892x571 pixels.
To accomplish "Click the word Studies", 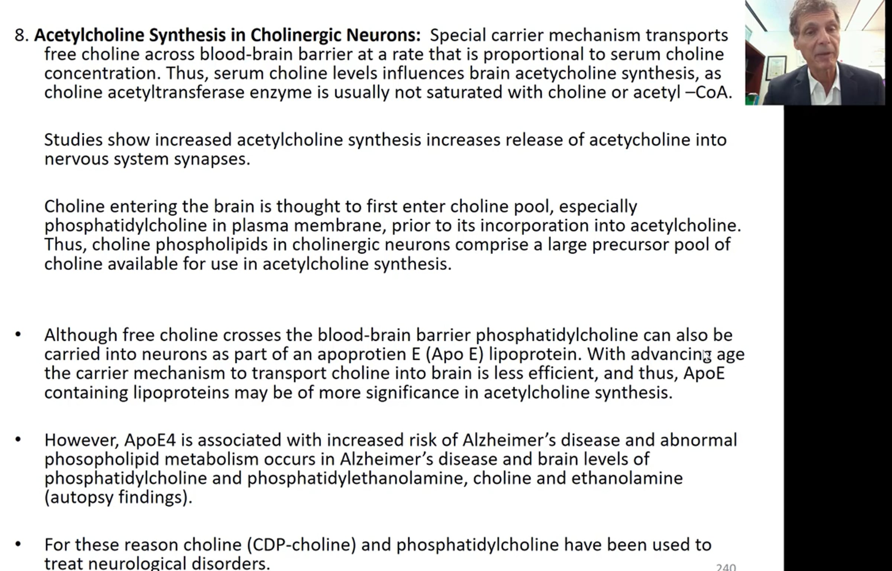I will (73, 140).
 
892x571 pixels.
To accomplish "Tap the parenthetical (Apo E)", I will (455, 354).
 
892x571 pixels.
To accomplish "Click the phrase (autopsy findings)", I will (118, 498).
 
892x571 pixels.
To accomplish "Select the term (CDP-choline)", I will (301, 545).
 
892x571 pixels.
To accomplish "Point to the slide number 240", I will (725, 567).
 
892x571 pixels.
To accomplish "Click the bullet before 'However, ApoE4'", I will (18, 440).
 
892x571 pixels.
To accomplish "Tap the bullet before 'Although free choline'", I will (18, 334).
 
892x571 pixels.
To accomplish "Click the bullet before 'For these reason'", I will (18, 545).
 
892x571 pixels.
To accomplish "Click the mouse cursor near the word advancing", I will (707, 356).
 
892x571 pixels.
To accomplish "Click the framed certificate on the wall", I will (777, 67).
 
